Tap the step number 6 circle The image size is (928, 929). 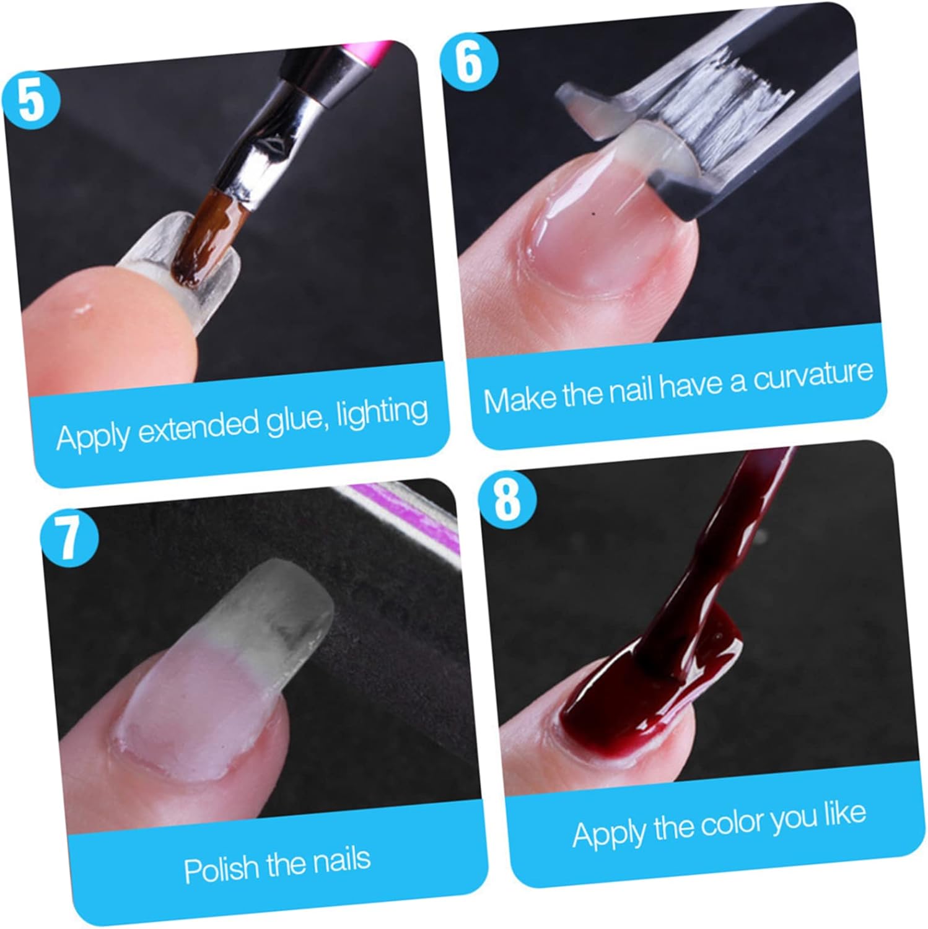point(469,63)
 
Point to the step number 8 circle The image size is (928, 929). point(508,499)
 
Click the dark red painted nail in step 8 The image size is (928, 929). point(644,687)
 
